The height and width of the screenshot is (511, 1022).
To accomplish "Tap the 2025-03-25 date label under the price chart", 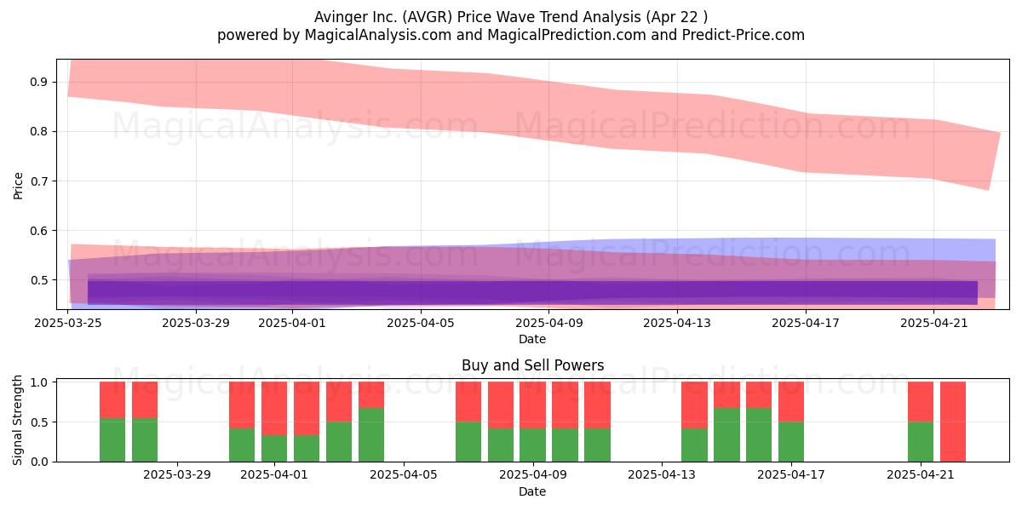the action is coord(68,323).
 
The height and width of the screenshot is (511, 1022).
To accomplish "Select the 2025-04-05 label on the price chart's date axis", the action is coord(421,323).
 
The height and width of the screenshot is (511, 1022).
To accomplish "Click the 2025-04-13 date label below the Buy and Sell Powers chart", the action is coord(662,475).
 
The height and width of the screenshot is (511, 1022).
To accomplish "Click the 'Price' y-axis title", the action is coord(18,186).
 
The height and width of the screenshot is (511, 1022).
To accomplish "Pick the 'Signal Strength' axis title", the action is coord(18,420).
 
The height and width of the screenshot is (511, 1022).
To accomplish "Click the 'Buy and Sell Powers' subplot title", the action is coord(532,365).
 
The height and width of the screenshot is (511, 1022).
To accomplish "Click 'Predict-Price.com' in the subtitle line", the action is coord(744,35).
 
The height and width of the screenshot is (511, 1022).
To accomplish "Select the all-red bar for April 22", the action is coord(953,422).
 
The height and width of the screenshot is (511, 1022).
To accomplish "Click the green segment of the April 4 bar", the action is coord(371,435).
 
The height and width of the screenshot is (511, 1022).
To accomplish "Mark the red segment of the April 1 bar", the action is coord(274,408).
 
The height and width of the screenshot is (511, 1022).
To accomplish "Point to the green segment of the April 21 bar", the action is coord(921,442).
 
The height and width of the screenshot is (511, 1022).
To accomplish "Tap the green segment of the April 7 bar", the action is coord(468,442).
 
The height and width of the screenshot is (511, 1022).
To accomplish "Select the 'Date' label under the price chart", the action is coord(532,339).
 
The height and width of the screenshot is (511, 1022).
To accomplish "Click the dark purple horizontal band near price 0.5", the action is coord(532,292).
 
